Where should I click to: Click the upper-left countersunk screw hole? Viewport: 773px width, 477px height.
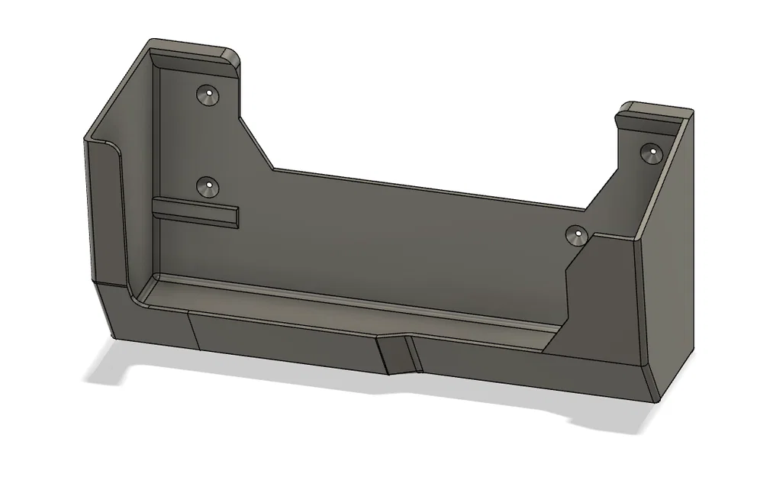(207, 95)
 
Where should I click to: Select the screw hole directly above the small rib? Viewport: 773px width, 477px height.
(206, 186)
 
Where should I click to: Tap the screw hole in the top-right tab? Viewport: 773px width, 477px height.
(650, 153)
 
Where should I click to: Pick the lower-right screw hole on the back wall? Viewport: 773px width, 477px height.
(577, 234)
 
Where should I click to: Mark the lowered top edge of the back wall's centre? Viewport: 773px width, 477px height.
(427, 188)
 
